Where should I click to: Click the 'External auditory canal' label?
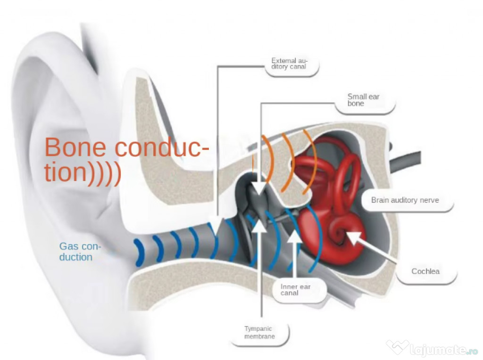[289, 64]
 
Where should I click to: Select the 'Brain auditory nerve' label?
[405, 200]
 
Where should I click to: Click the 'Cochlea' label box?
[425, 271]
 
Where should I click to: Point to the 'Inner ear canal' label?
[296, 289]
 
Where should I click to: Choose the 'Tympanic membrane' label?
[259, 333]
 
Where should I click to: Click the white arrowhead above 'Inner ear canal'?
[294, 236]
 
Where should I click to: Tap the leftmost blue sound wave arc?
[138, 252]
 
